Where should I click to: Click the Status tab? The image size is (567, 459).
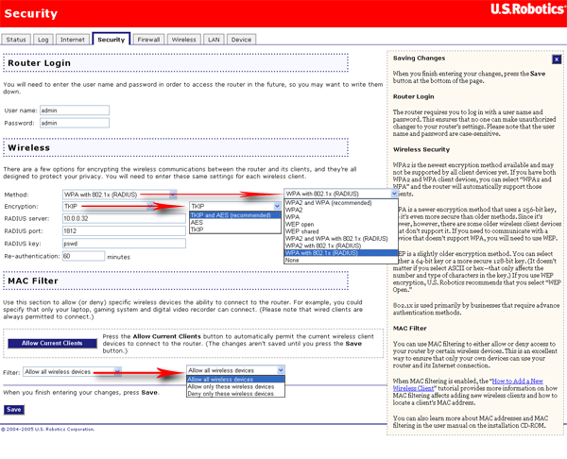click(16, 40)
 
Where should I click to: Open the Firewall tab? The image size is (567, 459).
click(148, 40)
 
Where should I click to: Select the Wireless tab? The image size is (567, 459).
click(183, 40)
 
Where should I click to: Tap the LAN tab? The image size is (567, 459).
click(214, 40)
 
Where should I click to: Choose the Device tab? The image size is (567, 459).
click(241, 40)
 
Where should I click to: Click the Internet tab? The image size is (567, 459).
click(73, 40)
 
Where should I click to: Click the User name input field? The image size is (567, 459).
click(74, 110)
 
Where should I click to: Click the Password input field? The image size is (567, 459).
click(74, 123)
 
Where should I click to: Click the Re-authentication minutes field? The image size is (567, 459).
click(83, 256)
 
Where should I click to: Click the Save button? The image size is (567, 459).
click(13, 410)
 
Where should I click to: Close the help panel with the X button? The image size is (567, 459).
click(557, 59)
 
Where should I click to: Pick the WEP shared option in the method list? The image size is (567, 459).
click(302, 231)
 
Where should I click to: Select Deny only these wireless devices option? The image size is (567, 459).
click(231, 394)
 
